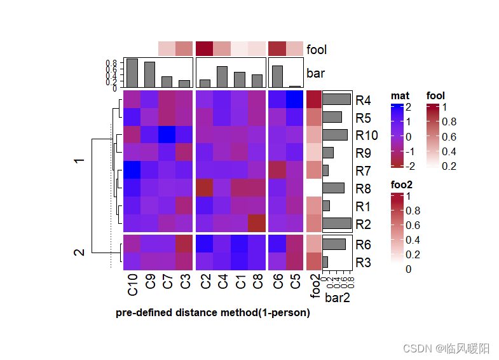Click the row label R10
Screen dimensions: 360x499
tap(367, 135)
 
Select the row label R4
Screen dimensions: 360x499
tap(364, 100)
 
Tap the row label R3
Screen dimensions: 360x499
tap(364, 262)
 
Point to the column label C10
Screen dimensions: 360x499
tap(133, 284)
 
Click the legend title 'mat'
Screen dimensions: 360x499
tap(399, 96)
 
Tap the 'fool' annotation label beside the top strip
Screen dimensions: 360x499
tap(317, 49)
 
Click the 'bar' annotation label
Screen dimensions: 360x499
tap(315, 73)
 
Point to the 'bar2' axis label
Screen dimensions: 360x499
tap(338, 297)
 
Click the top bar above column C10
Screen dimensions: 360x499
tap(132, 73)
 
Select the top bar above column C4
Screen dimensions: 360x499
tap(222, 76)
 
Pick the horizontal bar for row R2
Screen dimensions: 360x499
tap(337, 223)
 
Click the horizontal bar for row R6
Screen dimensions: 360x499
tap(334, 244)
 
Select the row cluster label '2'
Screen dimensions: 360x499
tap(79, 253)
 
